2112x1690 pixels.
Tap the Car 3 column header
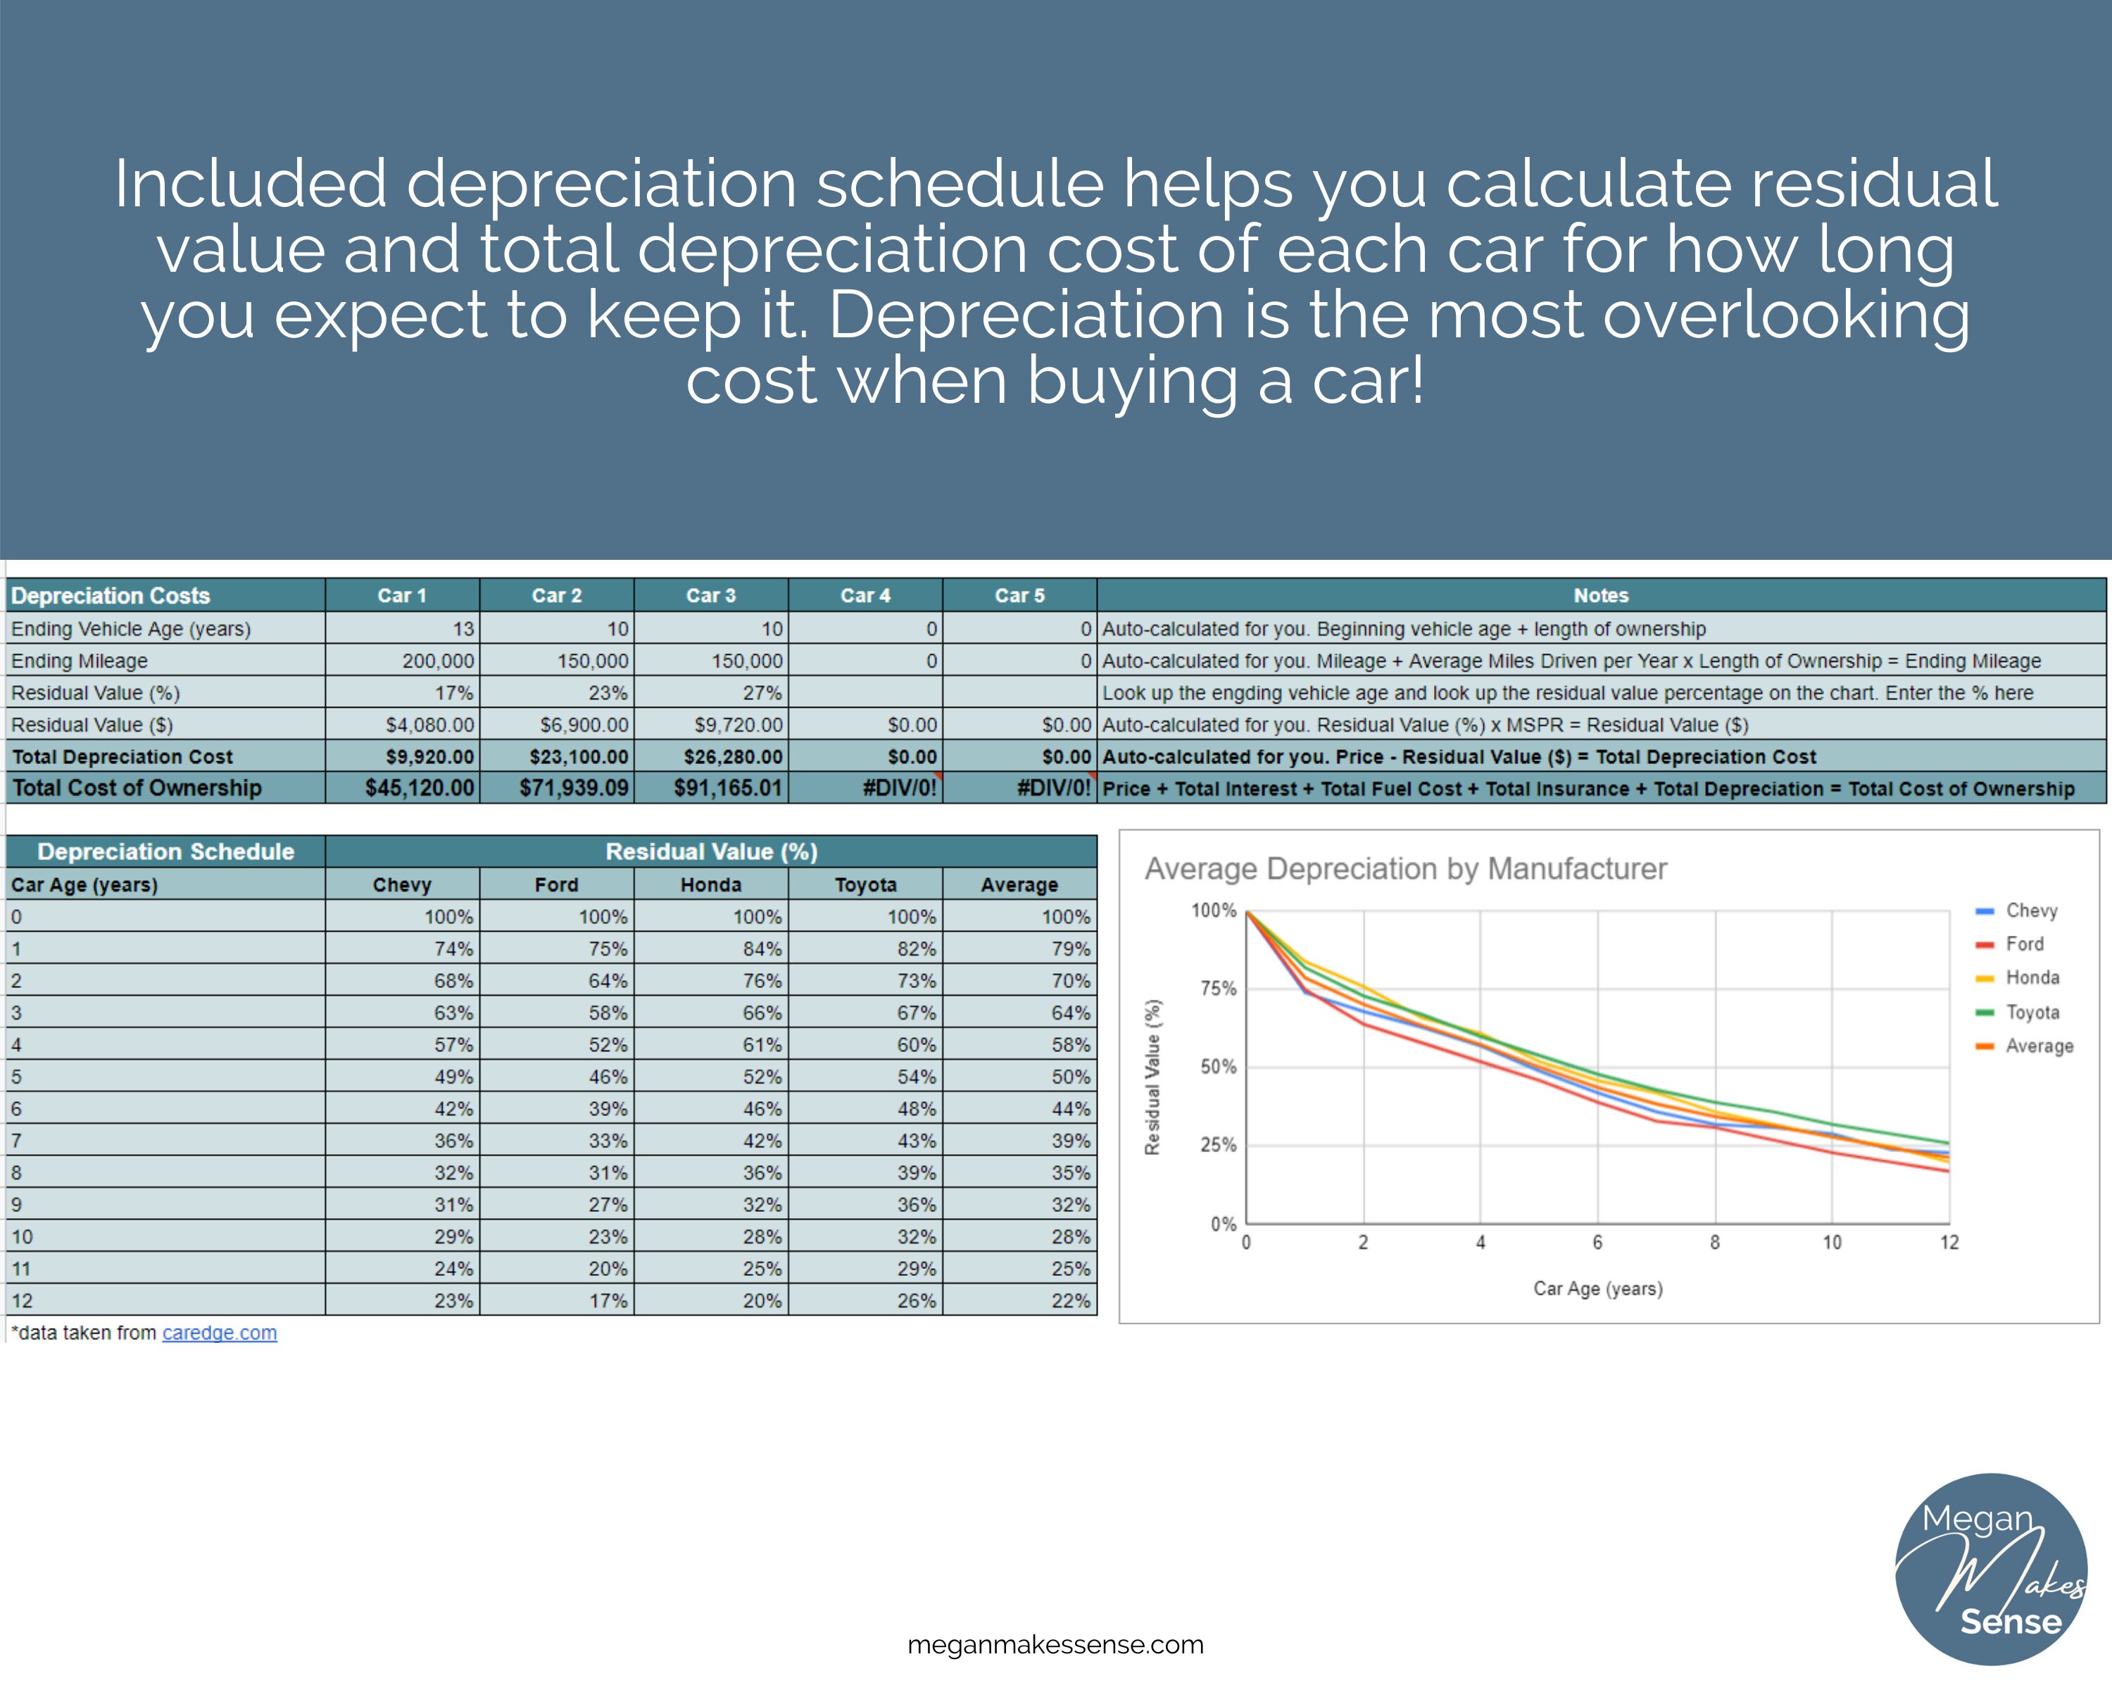[710, 595]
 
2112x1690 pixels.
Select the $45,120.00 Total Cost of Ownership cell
[420, 788]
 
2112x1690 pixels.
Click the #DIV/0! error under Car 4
[899, 788]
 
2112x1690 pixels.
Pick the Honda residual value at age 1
[761, 949]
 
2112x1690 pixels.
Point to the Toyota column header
[865, 884]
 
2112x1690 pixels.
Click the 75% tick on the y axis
[1219, 989]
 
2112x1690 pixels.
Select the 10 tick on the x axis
[1832, 1242]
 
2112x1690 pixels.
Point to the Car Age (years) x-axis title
[1597, 1289]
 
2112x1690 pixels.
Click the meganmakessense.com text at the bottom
[1055, 1645]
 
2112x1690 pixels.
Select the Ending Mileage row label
[80, 661]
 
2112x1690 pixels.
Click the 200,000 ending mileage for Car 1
[438, 661]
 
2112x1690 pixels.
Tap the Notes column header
[1601, 595]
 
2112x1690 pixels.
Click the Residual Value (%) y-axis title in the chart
[1153, 1077]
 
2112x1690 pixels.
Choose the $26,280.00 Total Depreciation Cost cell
[733, 756]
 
